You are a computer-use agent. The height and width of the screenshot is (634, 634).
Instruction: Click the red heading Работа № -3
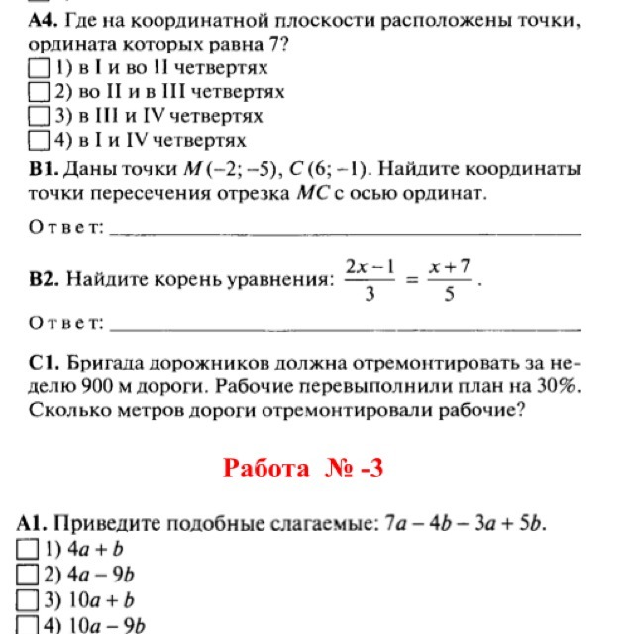pyautogui.click(x=302, y=468)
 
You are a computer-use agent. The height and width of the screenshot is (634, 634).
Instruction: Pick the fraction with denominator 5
pyautogui.click(x=448, y=279)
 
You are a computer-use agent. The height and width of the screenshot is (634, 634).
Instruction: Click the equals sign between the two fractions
pyautogui.click(x=407, y=280)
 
